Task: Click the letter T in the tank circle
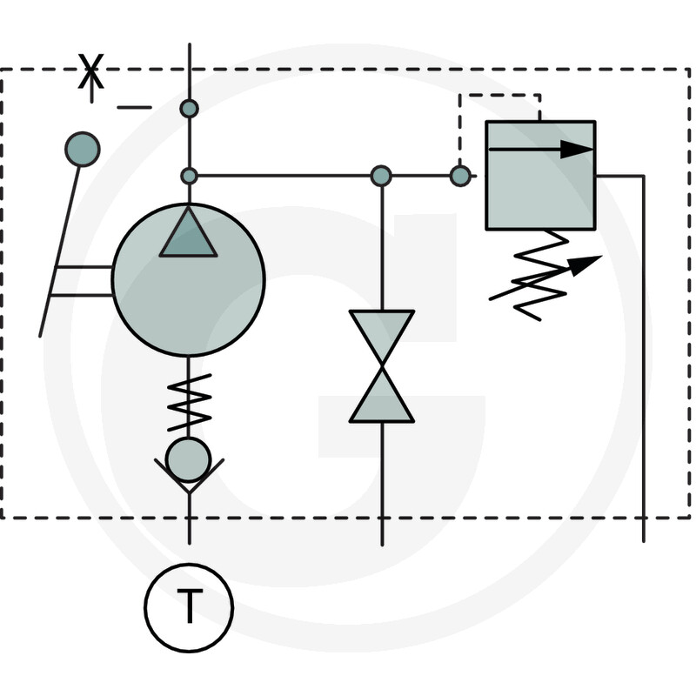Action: (189, 607)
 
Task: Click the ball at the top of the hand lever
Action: (83, 149)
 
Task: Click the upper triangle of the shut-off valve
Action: (382, 335)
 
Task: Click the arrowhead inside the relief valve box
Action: (575, 150)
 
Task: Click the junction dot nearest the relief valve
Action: (460, 176)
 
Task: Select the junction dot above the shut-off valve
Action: (381, 176)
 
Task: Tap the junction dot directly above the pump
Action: (189, 176)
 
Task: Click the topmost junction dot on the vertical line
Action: (189, 109)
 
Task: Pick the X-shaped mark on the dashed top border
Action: (90, 72)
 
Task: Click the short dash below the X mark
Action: (134, 107)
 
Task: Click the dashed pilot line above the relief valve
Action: (500, 96)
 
